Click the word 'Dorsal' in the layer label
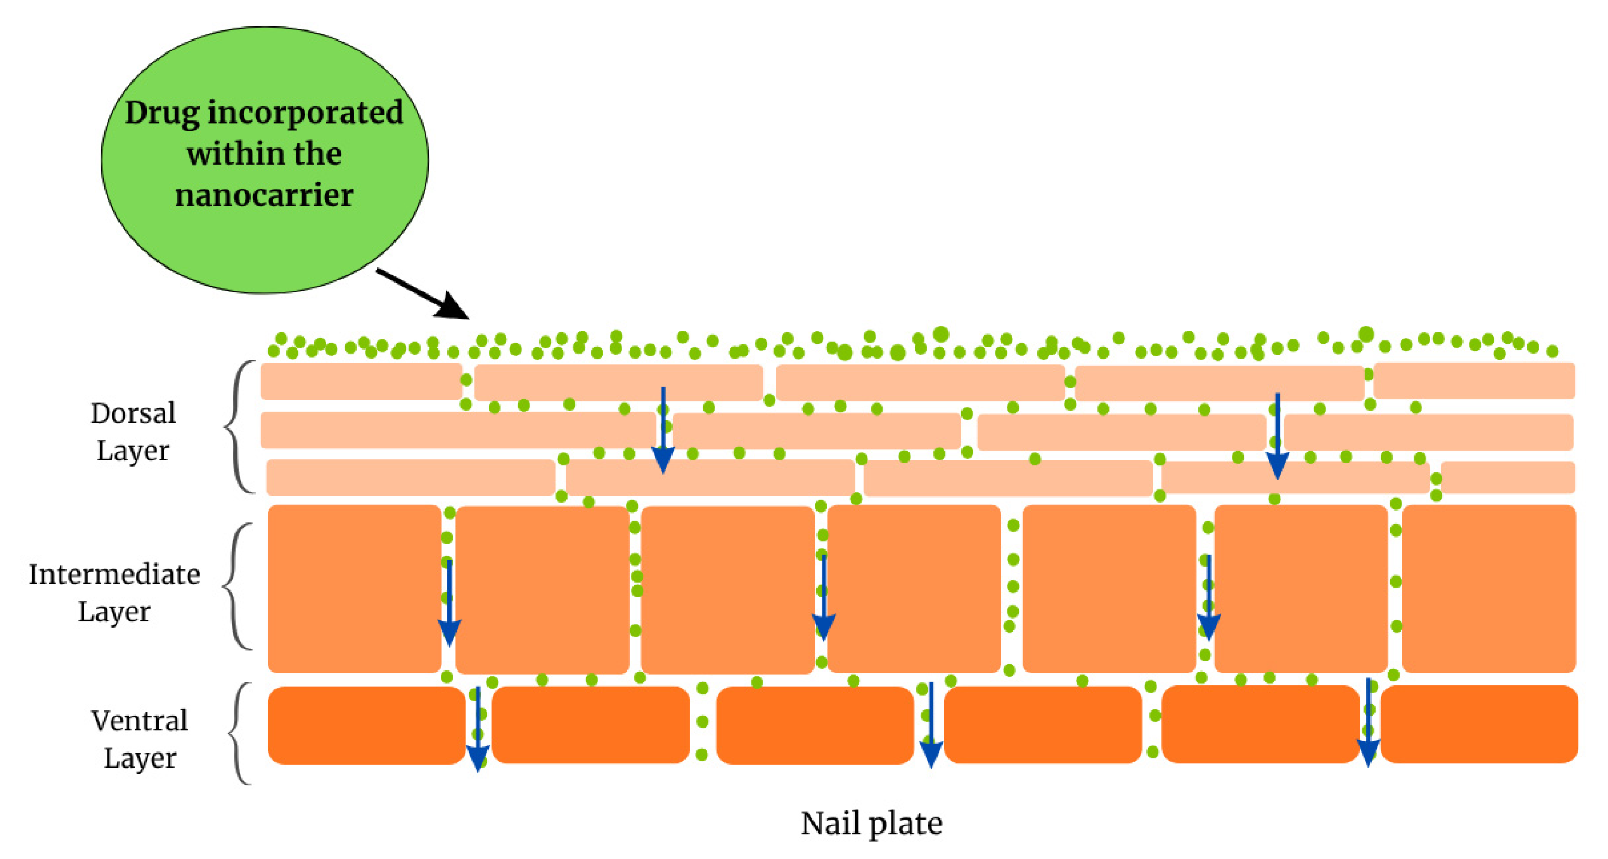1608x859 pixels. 133,413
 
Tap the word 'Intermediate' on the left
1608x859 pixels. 114,574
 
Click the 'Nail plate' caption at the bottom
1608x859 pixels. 872,824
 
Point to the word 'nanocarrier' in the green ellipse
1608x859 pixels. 264,195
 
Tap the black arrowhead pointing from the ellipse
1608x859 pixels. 453,306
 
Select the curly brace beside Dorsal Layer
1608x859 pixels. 236,427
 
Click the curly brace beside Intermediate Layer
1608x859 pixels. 235,586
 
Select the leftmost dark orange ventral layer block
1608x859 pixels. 366,726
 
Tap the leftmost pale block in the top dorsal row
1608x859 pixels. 361,381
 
